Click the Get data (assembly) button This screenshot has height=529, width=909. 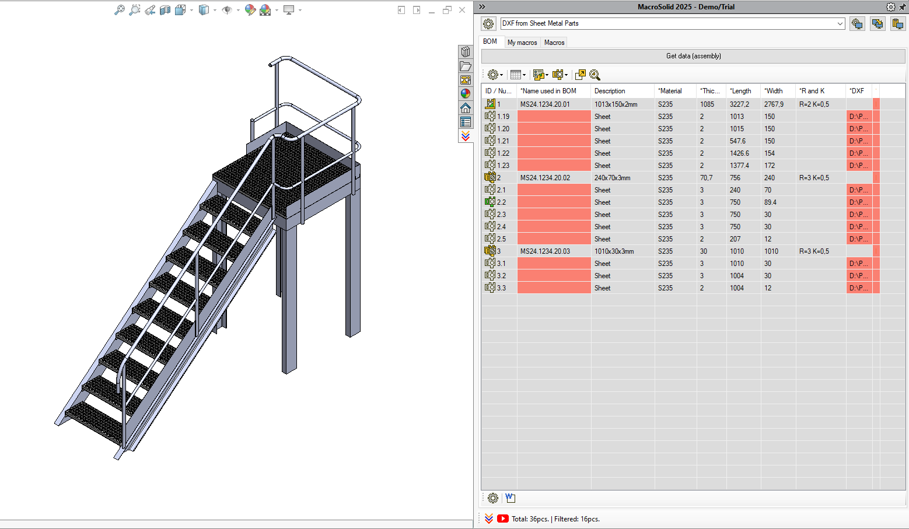[693, 56]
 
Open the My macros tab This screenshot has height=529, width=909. [522, 43]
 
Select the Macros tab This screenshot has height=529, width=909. [554, 43]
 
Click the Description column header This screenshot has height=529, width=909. [610, 91]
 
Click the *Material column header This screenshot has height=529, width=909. [670, 91]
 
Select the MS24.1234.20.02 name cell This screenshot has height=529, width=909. [545, 178]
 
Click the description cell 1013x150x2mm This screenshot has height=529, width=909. [616, 104]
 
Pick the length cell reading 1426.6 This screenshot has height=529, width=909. [739, 153]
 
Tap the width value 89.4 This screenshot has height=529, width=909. [770, 202]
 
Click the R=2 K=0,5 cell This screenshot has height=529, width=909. [814, 104]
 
